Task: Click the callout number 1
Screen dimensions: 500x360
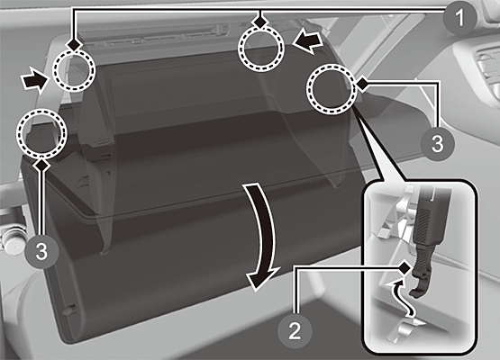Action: pos(459,17)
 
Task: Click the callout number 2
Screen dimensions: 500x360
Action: pos(295,330)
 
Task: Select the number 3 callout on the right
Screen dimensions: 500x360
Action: pos(437,143)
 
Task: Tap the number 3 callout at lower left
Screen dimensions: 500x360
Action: pos(41,251)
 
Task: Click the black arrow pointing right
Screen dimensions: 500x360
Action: pos(34,79)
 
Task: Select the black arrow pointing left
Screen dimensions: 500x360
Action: pos(308,42)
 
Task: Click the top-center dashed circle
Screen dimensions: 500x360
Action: pos(261,49)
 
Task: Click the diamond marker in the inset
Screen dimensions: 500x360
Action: pos(405,268)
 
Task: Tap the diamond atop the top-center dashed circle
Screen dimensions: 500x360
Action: pos(261,22)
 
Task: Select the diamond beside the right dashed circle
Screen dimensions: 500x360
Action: pos(362,84)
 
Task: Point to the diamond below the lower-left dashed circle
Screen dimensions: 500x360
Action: pos(42,165)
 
